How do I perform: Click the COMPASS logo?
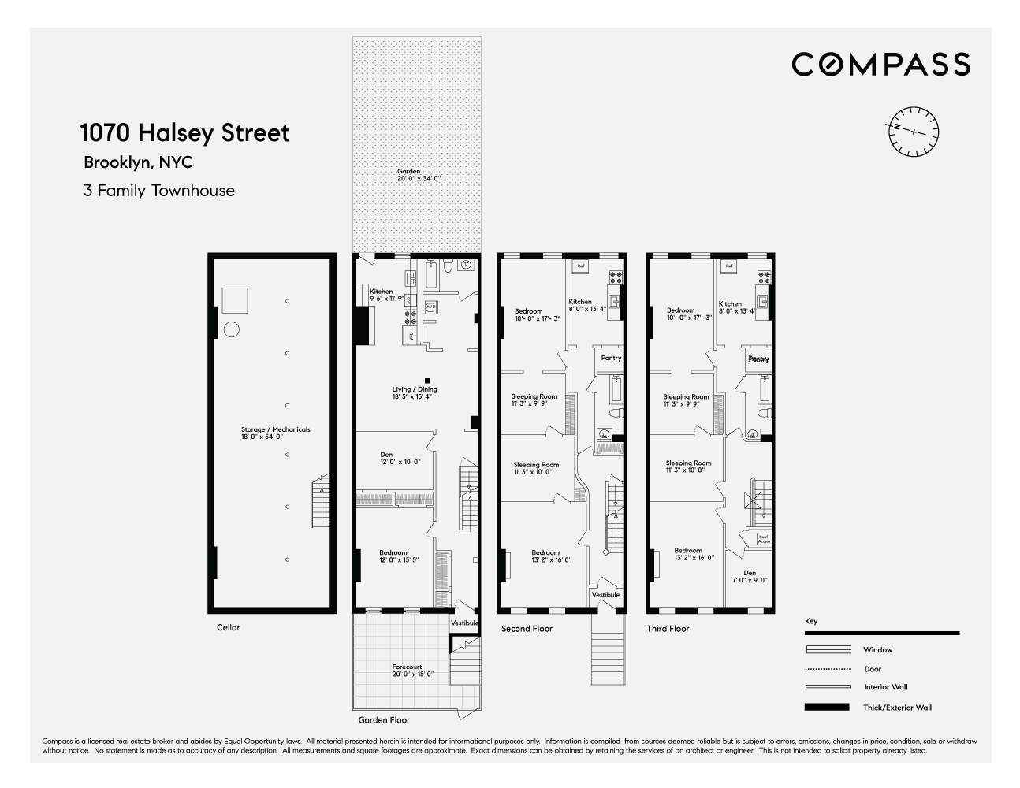click(880, 64)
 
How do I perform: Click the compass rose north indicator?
click(912, 129)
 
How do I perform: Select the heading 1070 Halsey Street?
click(184, 132)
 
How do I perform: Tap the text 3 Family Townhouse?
click(158, 191)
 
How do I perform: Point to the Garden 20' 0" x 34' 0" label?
click(419, 175)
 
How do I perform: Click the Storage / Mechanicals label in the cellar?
click(275, 433)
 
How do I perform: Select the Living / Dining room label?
click(415, 392)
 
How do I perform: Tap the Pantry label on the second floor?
click(611, 358)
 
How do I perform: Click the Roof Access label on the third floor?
click(764, 540)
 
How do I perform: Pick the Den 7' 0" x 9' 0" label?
click(749, 576)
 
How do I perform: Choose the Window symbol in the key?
click(828, 650)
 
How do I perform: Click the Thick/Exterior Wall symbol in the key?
click(827, 708)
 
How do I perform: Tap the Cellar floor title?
click(228, 628)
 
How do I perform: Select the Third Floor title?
click(668, 629)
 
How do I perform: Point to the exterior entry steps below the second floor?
click(605, 649)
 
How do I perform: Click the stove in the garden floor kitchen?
click(411, 318)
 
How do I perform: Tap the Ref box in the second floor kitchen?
click(581, 266)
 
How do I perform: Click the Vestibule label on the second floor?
click(605, 595)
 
